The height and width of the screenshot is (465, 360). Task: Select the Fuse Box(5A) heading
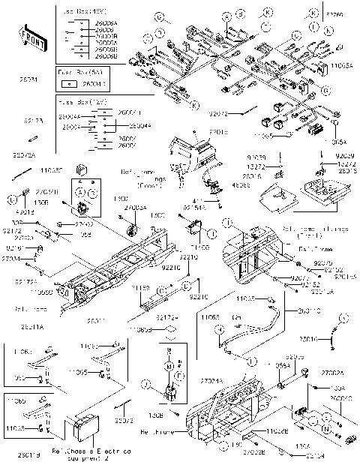[x=74, y=72]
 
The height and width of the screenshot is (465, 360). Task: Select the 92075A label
[x=24, y=155]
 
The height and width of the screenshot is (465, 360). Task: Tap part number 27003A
[x=135, y=205]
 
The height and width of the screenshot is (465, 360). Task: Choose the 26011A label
[x=31, y=327]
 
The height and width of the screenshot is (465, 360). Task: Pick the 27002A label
[x=332, y=372]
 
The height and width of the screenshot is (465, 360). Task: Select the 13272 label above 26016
[x=276, y=166]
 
